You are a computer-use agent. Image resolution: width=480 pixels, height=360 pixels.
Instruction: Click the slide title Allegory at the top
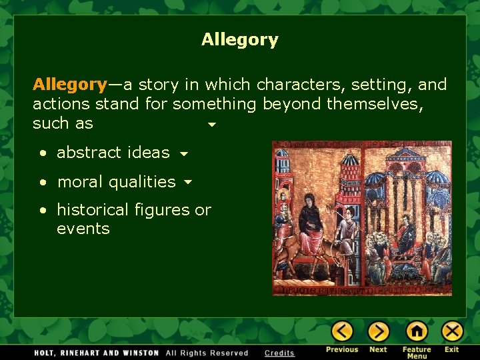click(x=239, y=40)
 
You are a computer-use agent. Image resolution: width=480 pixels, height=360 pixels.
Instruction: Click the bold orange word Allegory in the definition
click(x=69, y=85)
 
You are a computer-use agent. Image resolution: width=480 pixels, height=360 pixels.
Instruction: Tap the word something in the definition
click(x=214, y=104)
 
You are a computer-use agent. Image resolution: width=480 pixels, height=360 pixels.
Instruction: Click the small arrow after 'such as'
click(x=212, y=125)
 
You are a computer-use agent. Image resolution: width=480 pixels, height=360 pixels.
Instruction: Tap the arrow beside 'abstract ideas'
click(x=183, y=154)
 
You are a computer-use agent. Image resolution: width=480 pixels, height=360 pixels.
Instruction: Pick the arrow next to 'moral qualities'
click(x=188, y=182)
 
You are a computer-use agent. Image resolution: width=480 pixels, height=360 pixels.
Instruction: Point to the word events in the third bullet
click(x=83, y=229)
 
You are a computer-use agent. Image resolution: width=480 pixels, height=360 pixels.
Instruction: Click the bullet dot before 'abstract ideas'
click(x=43, y=153)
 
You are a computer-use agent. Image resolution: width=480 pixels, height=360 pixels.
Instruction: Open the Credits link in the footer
click(x=279, y=353)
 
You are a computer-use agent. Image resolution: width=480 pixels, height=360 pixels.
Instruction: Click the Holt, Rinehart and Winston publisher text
click(x=89, y=353)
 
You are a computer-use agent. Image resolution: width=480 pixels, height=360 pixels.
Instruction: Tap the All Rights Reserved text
click(x=207, y=353)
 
